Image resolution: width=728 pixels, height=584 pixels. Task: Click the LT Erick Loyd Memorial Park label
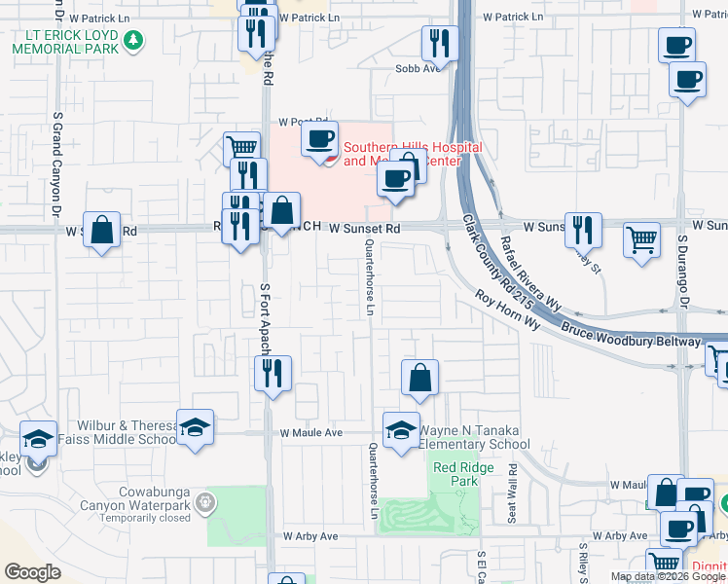point(65,42)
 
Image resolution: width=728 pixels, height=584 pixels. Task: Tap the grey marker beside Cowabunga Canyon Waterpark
point(204,503)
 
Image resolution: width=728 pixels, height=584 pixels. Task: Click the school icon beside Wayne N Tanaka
point(400,431)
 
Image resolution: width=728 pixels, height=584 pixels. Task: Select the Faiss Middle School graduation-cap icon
point(195,426)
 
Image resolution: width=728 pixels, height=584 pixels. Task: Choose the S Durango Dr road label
point(683,267)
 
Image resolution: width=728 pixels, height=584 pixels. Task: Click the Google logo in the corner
point(32,572)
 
